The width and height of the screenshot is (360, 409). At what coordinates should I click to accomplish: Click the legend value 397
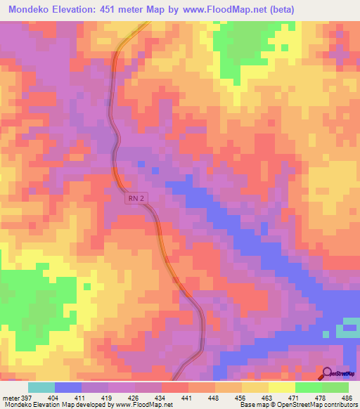pyautogui.click(x=27, y=398)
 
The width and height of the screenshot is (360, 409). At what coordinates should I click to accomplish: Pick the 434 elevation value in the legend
pyautogui.click(x=166, y=398)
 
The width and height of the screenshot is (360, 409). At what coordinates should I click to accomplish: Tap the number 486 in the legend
pyautogui.click(x=345, y=398)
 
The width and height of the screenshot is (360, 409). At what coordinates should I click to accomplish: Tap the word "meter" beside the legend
pyautogui.click(x=11, y=398)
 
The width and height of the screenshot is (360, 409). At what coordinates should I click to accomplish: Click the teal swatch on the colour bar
pyautogui.click(x=41, y=387)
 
